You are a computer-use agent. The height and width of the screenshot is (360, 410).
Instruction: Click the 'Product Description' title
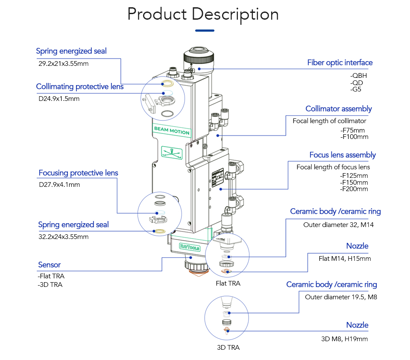203,14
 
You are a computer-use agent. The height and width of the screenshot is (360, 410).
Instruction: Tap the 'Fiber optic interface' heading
340,63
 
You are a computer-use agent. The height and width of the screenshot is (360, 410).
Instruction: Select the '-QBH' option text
358,76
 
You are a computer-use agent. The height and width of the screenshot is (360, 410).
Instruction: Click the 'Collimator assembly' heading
338,109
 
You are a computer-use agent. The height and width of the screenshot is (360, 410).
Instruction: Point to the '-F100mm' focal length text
354,137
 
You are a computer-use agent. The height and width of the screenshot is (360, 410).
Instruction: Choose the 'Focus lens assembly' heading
343,155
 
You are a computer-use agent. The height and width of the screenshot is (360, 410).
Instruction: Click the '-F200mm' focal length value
354,189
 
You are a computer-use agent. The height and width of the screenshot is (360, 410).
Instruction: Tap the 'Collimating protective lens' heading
79,87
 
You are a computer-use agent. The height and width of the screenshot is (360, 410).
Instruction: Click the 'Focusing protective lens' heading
78,173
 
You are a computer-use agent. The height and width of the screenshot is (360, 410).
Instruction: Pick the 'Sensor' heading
49,265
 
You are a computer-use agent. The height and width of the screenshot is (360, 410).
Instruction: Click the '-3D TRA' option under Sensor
50,285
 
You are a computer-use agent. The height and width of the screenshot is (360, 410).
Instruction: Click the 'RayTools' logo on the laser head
190,247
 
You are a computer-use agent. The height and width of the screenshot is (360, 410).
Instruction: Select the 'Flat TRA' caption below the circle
228,283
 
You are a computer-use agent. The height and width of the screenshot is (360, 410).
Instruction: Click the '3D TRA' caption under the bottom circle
228,347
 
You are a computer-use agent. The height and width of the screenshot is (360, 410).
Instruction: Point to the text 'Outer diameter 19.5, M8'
341,297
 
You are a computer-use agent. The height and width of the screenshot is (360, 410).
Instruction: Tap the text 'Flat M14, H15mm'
345,258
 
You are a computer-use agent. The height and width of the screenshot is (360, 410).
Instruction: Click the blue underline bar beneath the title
205,30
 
